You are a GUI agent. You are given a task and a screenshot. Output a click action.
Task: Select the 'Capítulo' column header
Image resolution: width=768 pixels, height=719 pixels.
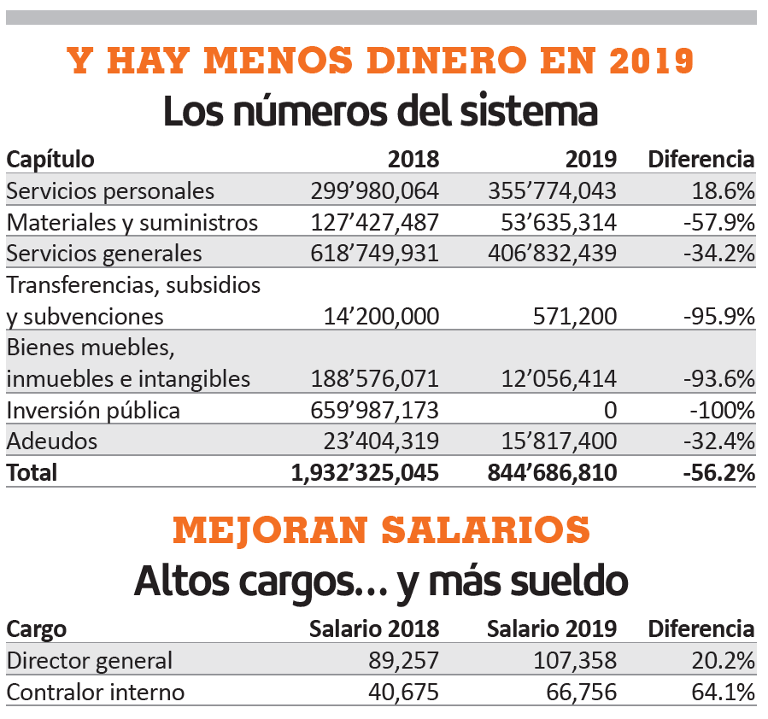(50, 159)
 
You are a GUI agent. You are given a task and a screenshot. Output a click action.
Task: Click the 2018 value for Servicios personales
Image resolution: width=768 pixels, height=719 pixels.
(374, 190)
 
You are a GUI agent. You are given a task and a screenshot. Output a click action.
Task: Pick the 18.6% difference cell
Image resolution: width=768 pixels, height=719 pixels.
(723, 190)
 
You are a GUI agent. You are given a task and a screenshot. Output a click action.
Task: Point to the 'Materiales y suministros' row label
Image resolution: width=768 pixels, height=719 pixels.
(132, 222)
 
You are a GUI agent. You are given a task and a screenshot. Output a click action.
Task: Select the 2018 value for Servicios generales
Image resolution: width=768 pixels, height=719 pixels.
(374, 254)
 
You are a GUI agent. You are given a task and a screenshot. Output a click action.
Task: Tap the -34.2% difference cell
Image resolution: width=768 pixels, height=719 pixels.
(719, 254)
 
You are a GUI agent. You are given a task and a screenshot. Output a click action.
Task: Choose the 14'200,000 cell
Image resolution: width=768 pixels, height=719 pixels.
(381, 317)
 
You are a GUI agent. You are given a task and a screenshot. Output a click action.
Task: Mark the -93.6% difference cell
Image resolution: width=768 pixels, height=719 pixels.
(719, 379)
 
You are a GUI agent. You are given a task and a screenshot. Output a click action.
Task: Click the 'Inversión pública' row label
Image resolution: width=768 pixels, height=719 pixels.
(93, 411)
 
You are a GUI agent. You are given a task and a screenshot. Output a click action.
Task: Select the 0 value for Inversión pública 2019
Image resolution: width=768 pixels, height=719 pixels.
(609, 411)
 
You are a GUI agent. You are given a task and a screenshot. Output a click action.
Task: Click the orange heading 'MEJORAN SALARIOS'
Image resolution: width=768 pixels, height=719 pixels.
(381, 530)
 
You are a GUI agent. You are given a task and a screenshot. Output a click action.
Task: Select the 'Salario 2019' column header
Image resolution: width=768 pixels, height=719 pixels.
(552, 629)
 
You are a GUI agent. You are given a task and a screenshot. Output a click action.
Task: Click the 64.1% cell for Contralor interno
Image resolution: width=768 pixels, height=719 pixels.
(723, 692)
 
